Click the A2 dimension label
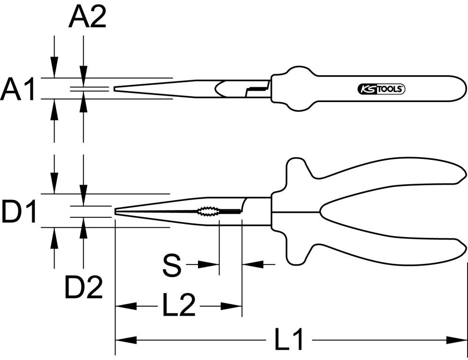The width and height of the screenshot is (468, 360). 88,18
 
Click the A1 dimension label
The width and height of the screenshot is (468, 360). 18,90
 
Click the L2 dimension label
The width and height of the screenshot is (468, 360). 179,306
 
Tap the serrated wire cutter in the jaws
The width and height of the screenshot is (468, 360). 208,212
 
